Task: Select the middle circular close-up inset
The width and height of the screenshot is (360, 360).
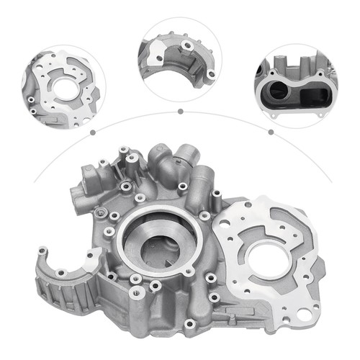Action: pos(180,59)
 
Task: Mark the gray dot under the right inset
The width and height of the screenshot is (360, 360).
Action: pos(271,132)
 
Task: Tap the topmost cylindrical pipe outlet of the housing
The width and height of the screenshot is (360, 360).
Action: pos(186,155)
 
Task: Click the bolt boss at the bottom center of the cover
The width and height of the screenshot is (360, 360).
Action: pos(189,323)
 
